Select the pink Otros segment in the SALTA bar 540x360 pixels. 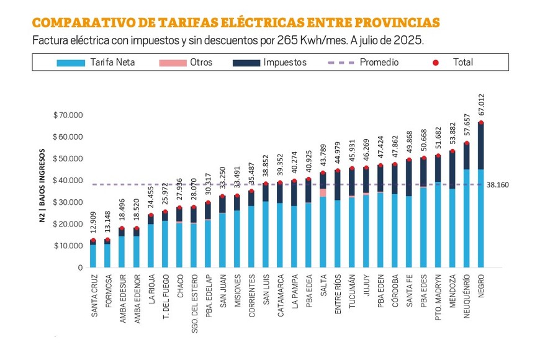coord(323,192)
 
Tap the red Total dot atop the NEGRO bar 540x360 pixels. coord(481,123)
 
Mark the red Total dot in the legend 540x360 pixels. coord(436,62)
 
